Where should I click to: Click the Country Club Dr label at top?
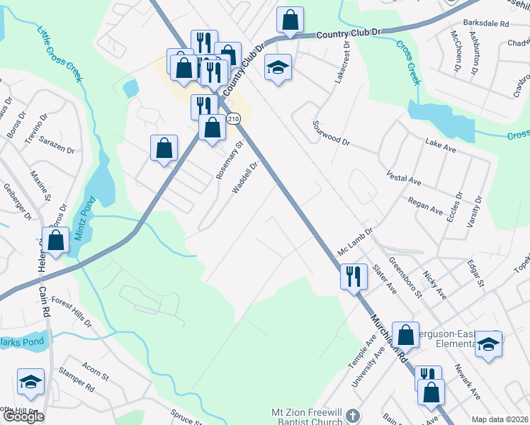(349, 33)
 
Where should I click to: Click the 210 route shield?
(234, 119)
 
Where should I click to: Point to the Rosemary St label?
(229, 160)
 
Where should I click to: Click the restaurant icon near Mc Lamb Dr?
(354, 276)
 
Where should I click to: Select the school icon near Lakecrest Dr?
(278, 67)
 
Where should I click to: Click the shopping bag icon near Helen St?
(55, 239)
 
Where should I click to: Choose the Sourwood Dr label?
(331, 132)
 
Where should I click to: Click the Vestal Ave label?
(403, 177)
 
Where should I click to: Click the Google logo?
(23, 416)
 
